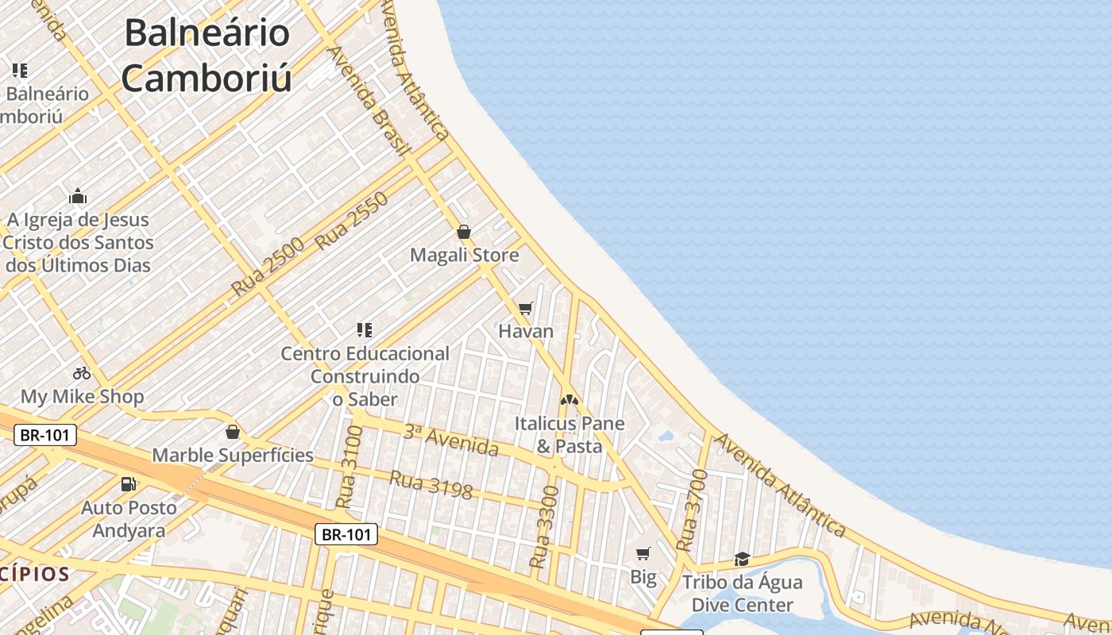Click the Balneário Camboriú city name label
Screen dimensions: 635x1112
pyautogui.click(x=207, y=56)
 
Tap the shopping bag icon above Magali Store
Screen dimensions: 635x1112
pyautogui.click(x=464, y=232)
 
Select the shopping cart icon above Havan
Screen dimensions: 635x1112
pyautogui.click(x=525, y=308)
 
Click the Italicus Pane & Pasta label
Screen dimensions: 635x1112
pyautogui.click(x=570, y=435)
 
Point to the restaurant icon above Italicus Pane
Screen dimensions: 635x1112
pyautogui.click(x=569, y=400)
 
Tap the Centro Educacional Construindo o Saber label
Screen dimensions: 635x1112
pyautogui.click(x=365, y=376)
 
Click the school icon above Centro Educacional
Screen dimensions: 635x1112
pyautogui.click(x=364, y=329)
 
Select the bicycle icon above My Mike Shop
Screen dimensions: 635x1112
pyautogui.click(x=81, y=372)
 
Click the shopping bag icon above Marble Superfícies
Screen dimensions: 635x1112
pyautogui.click(x=233, y=432)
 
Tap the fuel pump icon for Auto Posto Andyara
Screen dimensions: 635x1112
pyautogui.click(x=127, y=483)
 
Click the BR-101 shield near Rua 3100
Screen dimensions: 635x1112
pyautogui.click(x=346, y=534)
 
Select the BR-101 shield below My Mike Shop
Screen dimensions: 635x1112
pyautogui.click(x=45, y=435)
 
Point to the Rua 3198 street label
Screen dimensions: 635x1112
pyautogui.click(x=431, y=486)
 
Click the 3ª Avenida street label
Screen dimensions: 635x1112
pyautogui.click(x=450, y=441)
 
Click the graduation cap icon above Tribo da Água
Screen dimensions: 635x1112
pyautogui.click(x=742, y=560)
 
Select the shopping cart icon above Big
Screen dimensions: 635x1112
pyautogui.click(x=643, y=553)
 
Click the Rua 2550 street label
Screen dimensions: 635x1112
pyautogui.click(x=352, y=221)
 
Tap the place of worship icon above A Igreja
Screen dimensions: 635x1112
pyautogui.click(x=78, y=196)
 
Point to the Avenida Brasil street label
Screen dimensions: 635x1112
pyautogui.click(x=369, y=99)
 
